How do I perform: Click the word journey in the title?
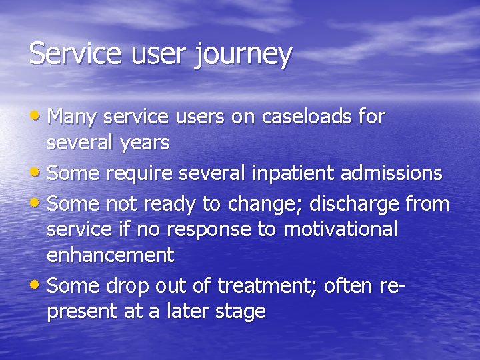coord(243,54)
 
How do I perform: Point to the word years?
coord(145,143)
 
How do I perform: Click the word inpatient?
coord(294,173)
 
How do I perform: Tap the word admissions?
coord(391,173)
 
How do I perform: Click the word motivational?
coord(340,229)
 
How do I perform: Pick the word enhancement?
coord(110,255)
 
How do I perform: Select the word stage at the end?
coord(240,312)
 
